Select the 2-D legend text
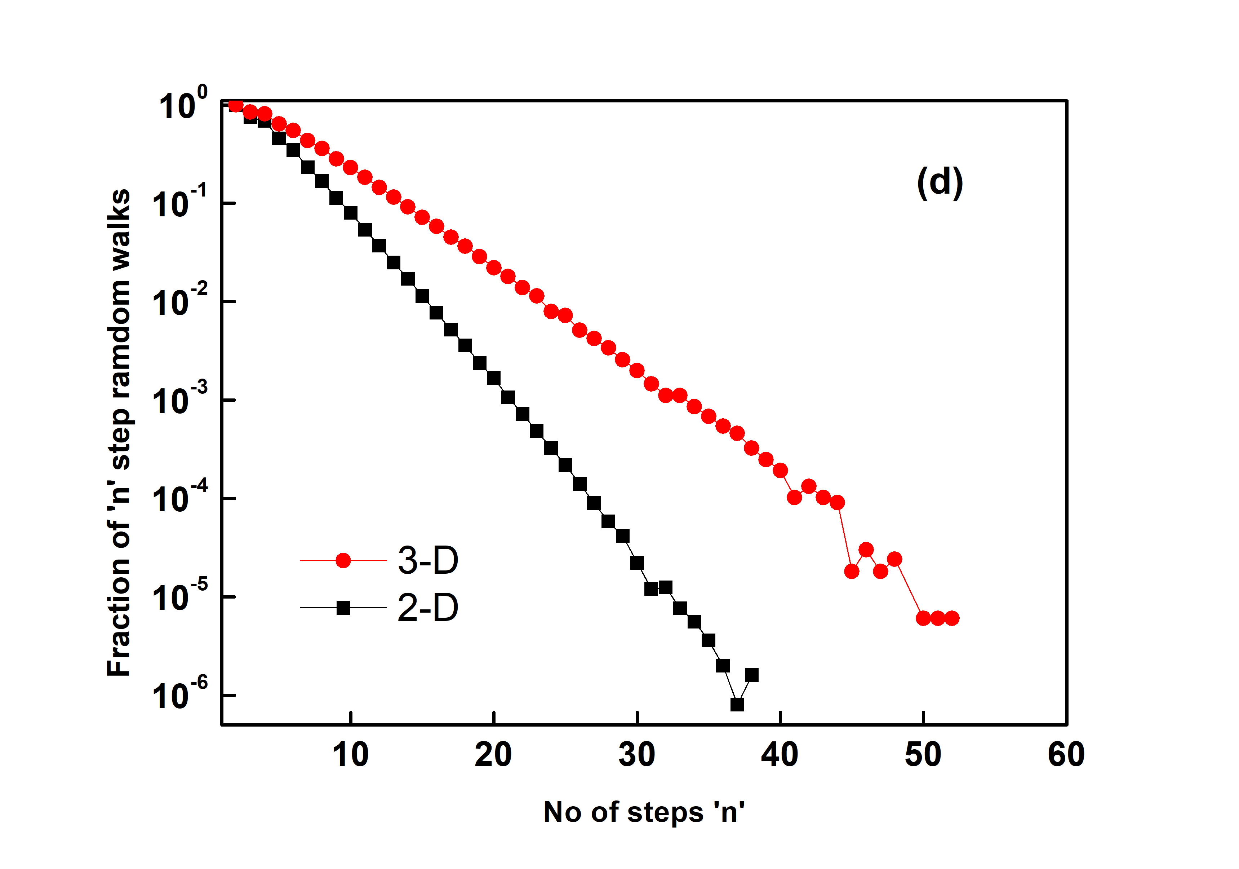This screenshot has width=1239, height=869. (428, 608)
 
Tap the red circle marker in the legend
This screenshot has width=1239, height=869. (343, 561)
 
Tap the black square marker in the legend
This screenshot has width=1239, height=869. (343, 608)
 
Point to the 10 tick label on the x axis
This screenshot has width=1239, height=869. (351, 755)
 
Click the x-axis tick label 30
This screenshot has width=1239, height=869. (637, 755)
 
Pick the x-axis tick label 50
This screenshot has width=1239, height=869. (923, 755)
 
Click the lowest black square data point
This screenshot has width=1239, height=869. (737, 704)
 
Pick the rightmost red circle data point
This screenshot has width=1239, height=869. (952, 618)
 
